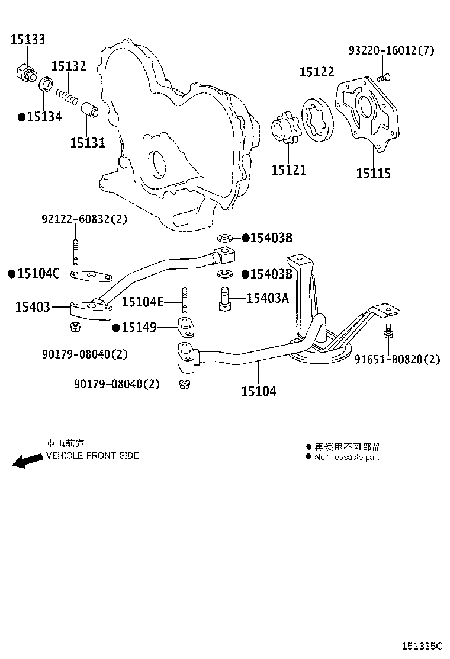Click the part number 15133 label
coord(28,40)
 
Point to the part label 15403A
coord(267,298)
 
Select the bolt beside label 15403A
coord(223,297)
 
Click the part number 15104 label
coord(258,391)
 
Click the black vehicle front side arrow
coord(27,462)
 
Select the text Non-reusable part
coord(346,457)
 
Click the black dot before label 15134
coord(21,117)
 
